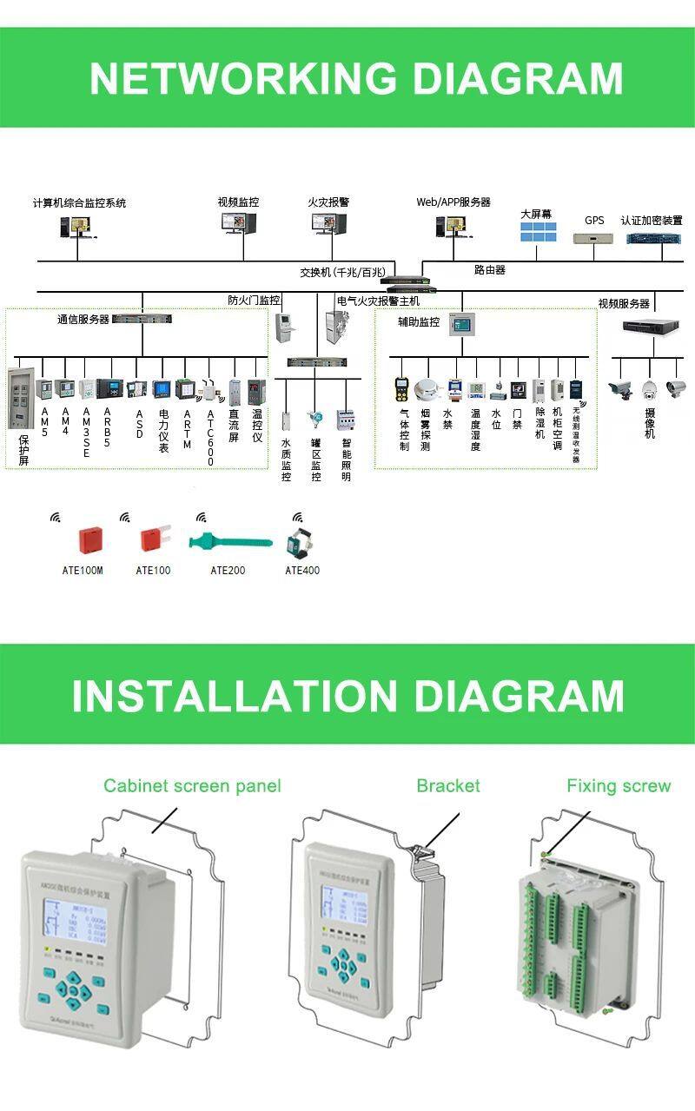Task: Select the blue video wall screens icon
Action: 538,232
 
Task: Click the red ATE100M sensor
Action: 90,540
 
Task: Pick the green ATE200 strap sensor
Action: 229,543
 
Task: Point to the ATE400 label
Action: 302,571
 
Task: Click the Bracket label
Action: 447,786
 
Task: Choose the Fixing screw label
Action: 619,786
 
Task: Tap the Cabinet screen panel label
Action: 192,786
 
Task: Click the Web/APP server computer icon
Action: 451,227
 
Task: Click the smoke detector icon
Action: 426,388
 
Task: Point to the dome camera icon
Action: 650,388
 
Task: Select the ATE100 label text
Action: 153,571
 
